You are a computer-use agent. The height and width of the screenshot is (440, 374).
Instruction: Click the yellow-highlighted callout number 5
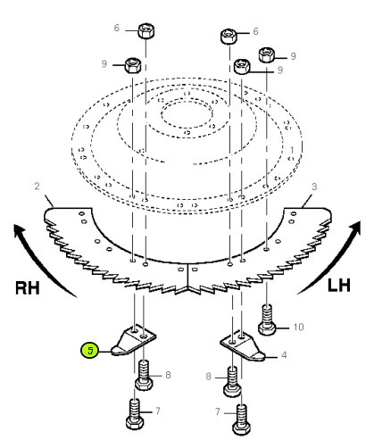coord(90,350)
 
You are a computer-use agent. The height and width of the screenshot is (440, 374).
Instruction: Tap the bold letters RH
coord(27,288)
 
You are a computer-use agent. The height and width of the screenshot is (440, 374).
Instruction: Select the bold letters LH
coord(339,286)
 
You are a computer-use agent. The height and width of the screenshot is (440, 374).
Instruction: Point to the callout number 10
coord(298,327)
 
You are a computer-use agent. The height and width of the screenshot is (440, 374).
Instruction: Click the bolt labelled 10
coord(267,320)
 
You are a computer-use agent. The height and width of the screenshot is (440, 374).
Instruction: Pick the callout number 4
coord(284,355)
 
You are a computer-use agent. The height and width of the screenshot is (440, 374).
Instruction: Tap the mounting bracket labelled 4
coord(243,345)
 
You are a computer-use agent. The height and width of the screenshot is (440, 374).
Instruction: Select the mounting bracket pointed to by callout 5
coord(134,340)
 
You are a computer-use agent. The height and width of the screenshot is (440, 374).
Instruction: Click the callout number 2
coord(37,187)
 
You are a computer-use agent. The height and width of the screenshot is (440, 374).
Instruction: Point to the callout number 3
coord(314,187)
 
